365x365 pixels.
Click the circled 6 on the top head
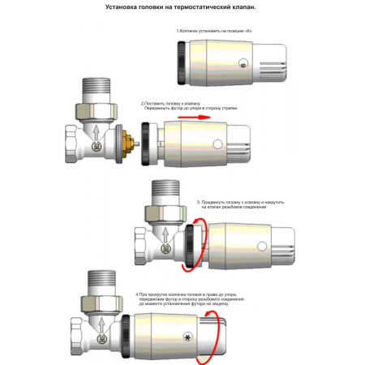pyautogui.click(x=243, y=62)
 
